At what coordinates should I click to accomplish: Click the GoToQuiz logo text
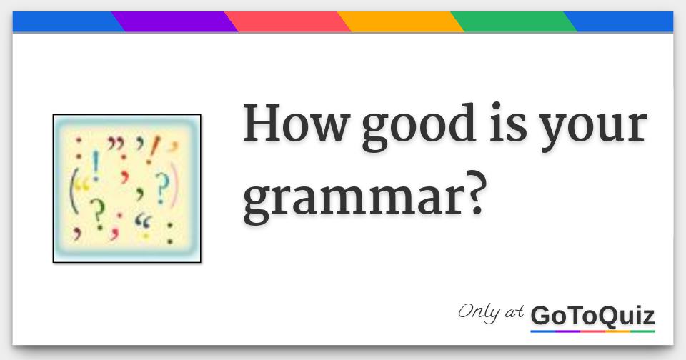[592, 315]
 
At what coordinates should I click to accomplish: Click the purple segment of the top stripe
[175, 22]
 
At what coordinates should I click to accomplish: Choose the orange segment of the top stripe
[401, 22]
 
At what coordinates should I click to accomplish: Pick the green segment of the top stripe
[514, 22]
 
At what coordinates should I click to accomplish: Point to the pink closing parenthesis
[176, 187]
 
